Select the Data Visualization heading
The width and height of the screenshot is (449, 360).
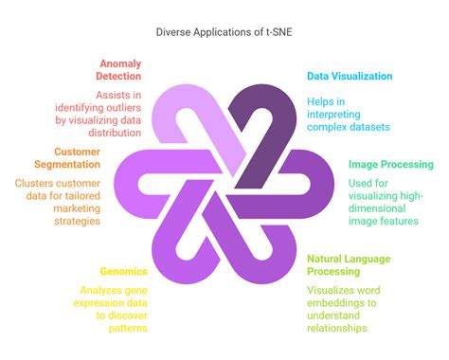(x=350, y=76)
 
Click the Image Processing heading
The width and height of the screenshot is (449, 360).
(x=390, y=164)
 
